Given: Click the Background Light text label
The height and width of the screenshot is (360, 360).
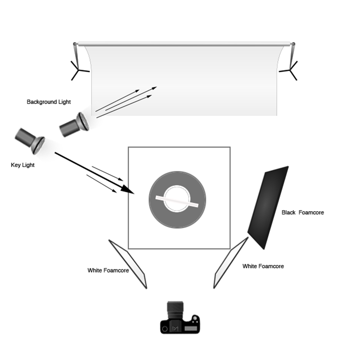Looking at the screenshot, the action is [x=48, y=102].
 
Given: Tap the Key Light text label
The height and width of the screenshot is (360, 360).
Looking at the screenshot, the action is [x=23, y=165].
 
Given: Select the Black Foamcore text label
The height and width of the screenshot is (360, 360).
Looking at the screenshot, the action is [x=302, y=213].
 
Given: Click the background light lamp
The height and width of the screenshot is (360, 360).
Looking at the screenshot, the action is [x=74, y=125].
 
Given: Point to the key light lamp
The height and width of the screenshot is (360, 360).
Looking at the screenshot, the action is [x=30, y=141].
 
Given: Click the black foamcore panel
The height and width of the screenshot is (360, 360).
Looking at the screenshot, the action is [x=268, y=207].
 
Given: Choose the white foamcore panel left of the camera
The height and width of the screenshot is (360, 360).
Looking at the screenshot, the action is [x=128, y=264].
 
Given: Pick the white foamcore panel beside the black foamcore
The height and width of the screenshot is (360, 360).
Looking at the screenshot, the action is [x=230, y=263].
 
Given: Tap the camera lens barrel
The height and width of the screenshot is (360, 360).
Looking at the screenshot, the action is [x=175, y=310].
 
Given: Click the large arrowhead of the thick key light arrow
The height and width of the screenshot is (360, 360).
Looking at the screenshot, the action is [x=127, y=189].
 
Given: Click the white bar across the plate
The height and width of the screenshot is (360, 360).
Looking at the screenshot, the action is [x=177, y=201].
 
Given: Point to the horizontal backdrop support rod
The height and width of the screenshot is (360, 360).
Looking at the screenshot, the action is [x=184, y=44].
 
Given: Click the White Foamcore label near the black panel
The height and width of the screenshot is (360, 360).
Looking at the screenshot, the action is [x=263, y=266].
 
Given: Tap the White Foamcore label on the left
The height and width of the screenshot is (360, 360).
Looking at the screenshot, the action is [x=108, y=270].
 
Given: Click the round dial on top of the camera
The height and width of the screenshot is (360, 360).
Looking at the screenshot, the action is [x=195, y=318].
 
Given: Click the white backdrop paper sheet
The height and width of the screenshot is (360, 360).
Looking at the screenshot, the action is [x=184, y=81].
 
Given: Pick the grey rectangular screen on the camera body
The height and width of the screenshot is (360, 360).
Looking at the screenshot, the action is [x=191, y=329].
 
